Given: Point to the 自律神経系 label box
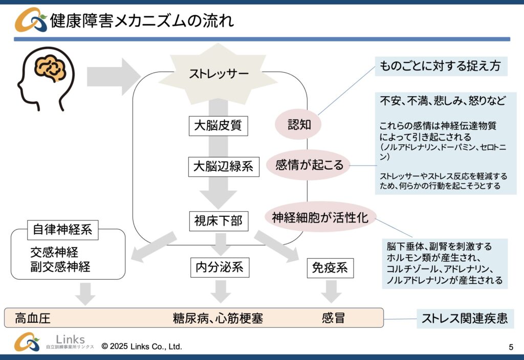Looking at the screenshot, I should pyautogui.click(x=62, y=230).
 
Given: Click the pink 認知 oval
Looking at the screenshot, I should pyautogui.click(x=299, y=125).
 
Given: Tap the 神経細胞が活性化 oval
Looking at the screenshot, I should pyautogui.click(x=320, y=217).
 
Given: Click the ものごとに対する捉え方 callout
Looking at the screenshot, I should pyautogui.click(x=441, y=66).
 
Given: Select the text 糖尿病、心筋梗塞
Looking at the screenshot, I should pyautogui.click(x=218, y=319).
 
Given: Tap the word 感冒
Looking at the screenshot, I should pyautogui.click(x=333, y=318).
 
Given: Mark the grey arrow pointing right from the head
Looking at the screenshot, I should pyautogui.click(x=113, y=76).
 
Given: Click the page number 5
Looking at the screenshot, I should pyautogui.click(x=511, y=347).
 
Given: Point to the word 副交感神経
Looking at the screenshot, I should pyautogui.click(x=60, y=266).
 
